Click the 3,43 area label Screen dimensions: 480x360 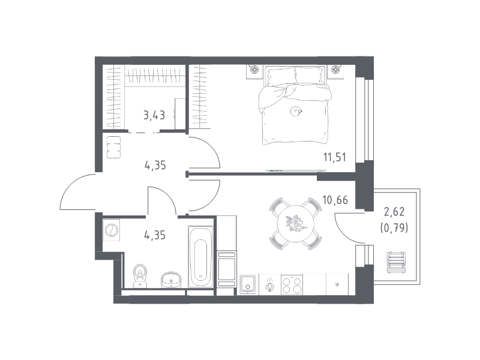[x=154, y=115]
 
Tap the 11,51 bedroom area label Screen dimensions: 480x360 [x=335, y=157]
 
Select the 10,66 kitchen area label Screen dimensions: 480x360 [x=335, y=200]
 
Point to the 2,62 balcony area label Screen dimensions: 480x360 [x=394, y=211]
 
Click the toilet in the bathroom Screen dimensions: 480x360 [x=140, y=276]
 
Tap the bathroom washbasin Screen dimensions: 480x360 [x=171, y=280]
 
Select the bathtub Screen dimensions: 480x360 [x=200, y=257]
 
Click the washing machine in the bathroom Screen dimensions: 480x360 [x=112, y=230]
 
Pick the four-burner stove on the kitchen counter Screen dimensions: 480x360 [x=292, y=284]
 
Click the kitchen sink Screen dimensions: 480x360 [x=248, y=284]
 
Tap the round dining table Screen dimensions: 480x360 [x=296, y=223]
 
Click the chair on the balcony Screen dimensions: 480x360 [x=396, y=262]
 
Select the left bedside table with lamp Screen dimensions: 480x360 [x=254, y=71]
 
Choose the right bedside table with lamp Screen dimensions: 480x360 [x=336, y=71]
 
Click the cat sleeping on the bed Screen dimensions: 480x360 [x=296, y=111]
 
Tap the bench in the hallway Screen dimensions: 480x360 [x=113, y=147]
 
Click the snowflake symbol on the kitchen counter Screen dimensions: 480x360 [x=337, y=284]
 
